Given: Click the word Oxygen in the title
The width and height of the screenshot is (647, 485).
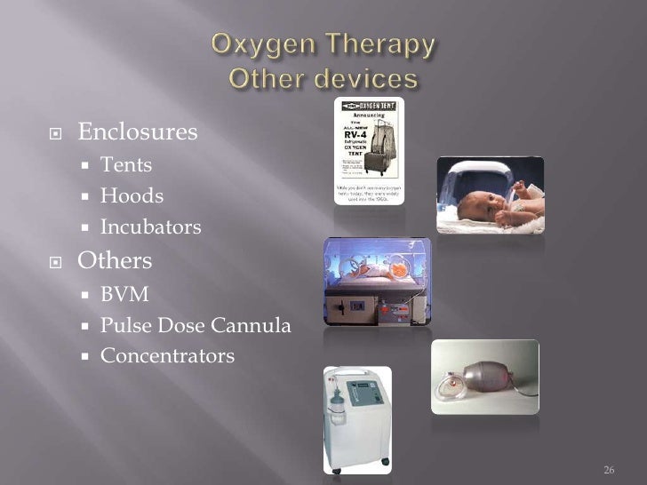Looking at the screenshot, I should pos(258,44).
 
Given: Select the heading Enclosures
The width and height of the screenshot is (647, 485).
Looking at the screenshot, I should pos(137,133).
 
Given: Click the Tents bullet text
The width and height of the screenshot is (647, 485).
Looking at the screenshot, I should pos(126,164).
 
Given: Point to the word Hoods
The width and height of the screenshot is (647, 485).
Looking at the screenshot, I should pos(132,195).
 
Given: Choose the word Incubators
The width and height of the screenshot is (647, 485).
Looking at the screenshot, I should pos(151,227).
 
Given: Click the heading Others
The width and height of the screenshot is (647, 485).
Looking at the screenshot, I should pos(115,261).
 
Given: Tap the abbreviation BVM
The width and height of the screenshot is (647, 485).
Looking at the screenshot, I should pos(124,294).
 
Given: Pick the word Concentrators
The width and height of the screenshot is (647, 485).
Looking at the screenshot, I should pos(167,357).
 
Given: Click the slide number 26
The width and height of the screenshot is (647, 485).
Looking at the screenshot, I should pos(609,469).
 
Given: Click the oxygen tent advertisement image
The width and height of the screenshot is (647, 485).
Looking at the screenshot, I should pos(369,150).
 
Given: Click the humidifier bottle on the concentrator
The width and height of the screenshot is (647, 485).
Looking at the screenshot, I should pos(336,417).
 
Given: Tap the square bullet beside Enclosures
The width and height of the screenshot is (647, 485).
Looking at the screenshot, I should pos(55,134).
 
